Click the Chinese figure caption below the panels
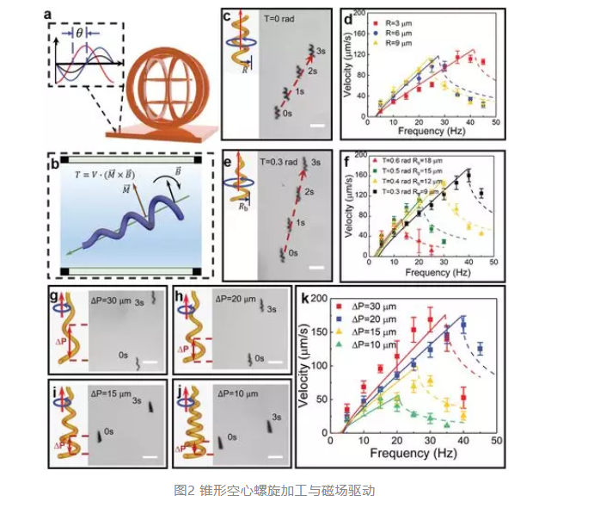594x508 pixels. pos(274,491)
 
